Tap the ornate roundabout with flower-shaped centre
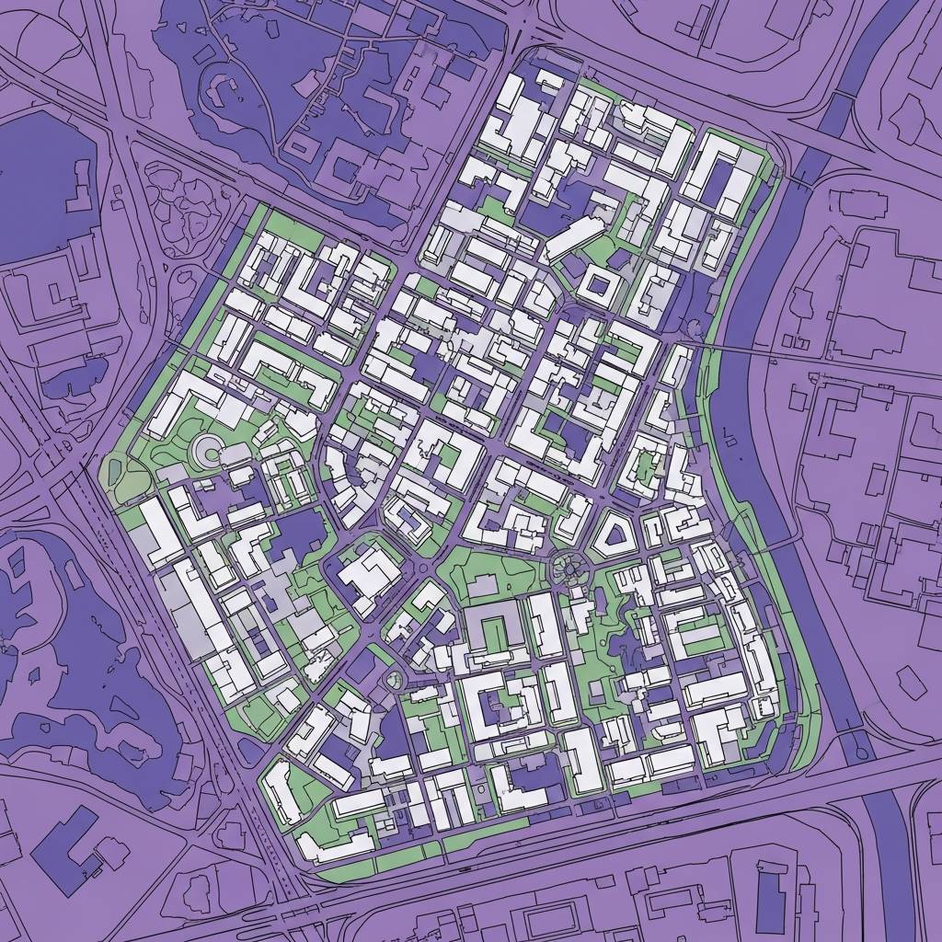point(568,568)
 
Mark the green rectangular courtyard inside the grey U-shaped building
point(497,635)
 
